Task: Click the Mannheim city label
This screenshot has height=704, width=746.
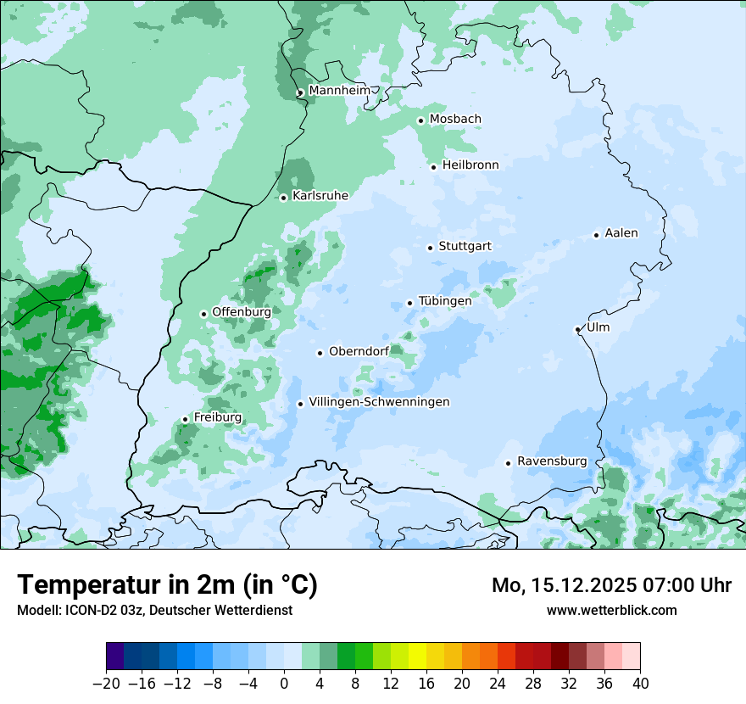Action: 339,91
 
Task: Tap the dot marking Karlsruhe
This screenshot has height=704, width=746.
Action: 284,198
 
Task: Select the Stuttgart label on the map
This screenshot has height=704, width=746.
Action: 465,247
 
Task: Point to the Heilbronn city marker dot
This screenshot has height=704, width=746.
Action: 433,167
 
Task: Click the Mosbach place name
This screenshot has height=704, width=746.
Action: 455,120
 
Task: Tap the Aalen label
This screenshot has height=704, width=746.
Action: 621,233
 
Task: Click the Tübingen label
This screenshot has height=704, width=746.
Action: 445,301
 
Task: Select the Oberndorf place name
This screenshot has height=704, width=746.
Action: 359,352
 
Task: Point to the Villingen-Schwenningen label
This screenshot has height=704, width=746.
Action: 379,402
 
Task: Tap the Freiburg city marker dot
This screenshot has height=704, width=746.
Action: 185,419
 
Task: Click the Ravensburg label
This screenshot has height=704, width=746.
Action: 552,461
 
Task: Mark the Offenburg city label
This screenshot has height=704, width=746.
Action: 242,312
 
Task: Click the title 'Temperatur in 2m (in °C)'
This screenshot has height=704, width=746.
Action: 167,585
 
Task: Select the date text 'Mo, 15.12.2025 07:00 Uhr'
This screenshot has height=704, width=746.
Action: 611,585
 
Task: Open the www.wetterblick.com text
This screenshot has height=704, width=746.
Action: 611,610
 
